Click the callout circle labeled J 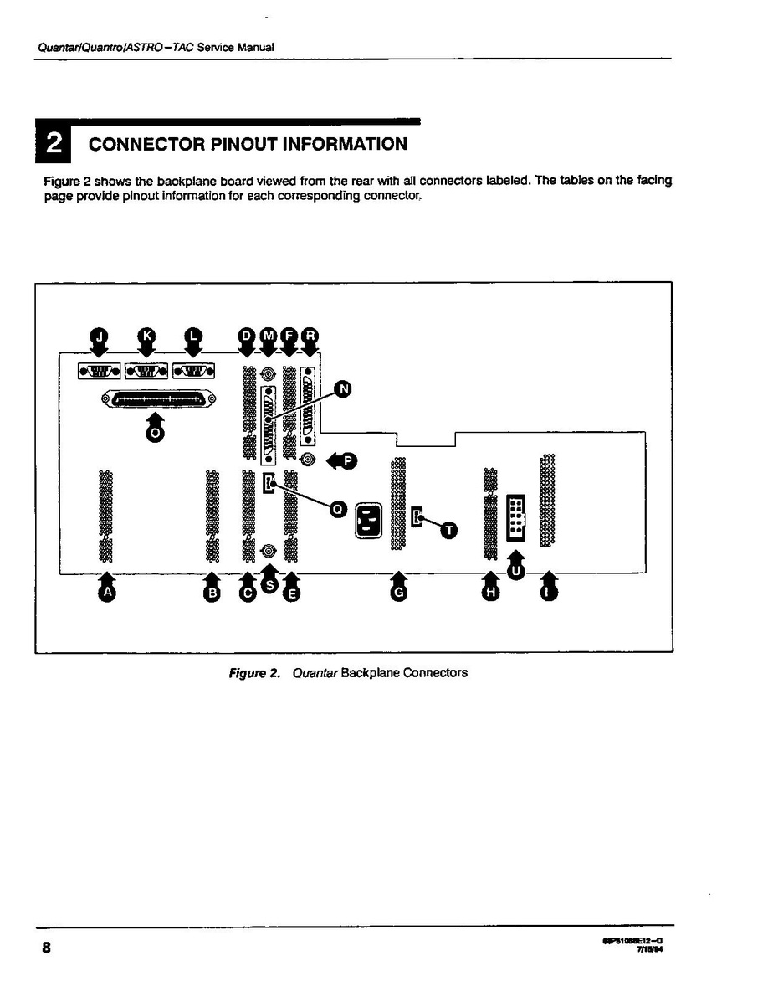[100, 336]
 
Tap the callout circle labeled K [147, 336]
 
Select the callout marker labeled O [156, 433]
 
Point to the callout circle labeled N [343, 388]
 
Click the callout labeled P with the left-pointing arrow [347, 460]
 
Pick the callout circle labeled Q [338, 508]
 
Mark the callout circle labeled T [449, 530]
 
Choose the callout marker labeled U [516, 571]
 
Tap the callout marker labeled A [106, 592]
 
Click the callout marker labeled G [398, 592]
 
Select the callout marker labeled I [549, 592]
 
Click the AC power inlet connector [370, 521]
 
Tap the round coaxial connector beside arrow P [308, 460]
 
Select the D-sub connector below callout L [193, 369]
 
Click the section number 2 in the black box [53, 144]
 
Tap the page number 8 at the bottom [47, 948]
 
